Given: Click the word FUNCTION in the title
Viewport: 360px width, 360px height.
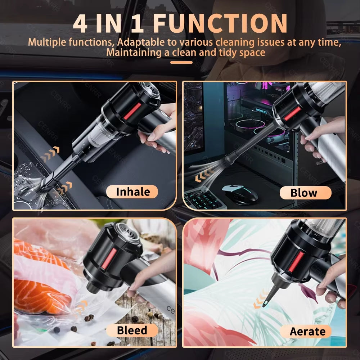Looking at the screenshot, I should [220, 23].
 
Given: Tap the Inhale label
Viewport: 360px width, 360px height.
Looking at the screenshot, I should [132, 192].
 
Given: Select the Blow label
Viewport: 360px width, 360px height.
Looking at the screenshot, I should [304, 193].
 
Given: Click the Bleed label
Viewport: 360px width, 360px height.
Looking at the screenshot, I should [132, 330].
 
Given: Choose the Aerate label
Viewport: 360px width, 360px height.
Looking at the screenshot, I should [307, 331].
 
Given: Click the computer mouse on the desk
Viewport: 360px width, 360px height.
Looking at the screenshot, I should [240, 194].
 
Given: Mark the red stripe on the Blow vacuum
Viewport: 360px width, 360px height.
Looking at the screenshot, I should [292, 113].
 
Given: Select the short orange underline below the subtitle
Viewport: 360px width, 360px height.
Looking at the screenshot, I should [181, 62].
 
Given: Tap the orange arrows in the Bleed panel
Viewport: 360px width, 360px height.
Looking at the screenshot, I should [82, 305].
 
